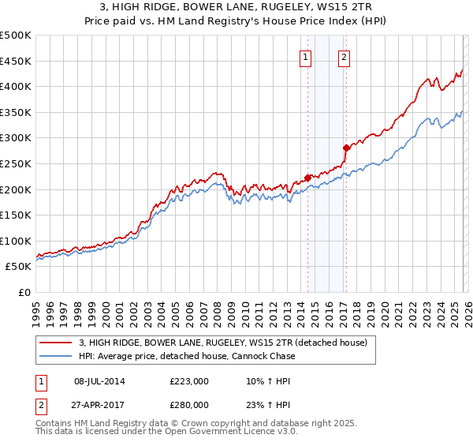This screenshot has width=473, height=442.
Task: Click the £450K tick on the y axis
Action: pyautogui.click(x=16, y=61)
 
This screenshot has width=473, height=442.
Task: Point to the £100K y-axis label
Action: pyautogui.click(x=16, y=241)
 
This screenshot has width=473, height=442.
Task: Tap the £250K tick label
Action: pyautogui.click(x=16, y=163)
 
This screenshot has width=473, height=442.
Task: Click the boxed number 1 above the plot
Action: pyautogui.click(x=304, y=56)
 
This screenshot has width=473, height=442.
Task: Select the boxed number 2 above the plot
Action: pyautogui.click(x=345, y=56)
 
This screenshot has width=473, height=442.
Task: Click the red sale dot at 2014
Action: pyautogui.click(x=307, y=178)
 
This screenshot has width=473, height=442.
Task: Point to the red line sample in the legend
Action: pyautogui.click(x=56, y=343)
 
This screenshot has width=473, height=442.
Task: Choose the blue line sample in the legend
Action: pyautogui.click(x=56, y=356)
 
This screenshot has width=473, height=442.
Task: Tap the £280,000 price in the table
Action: pyautogui.click(x=188, y=404)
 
